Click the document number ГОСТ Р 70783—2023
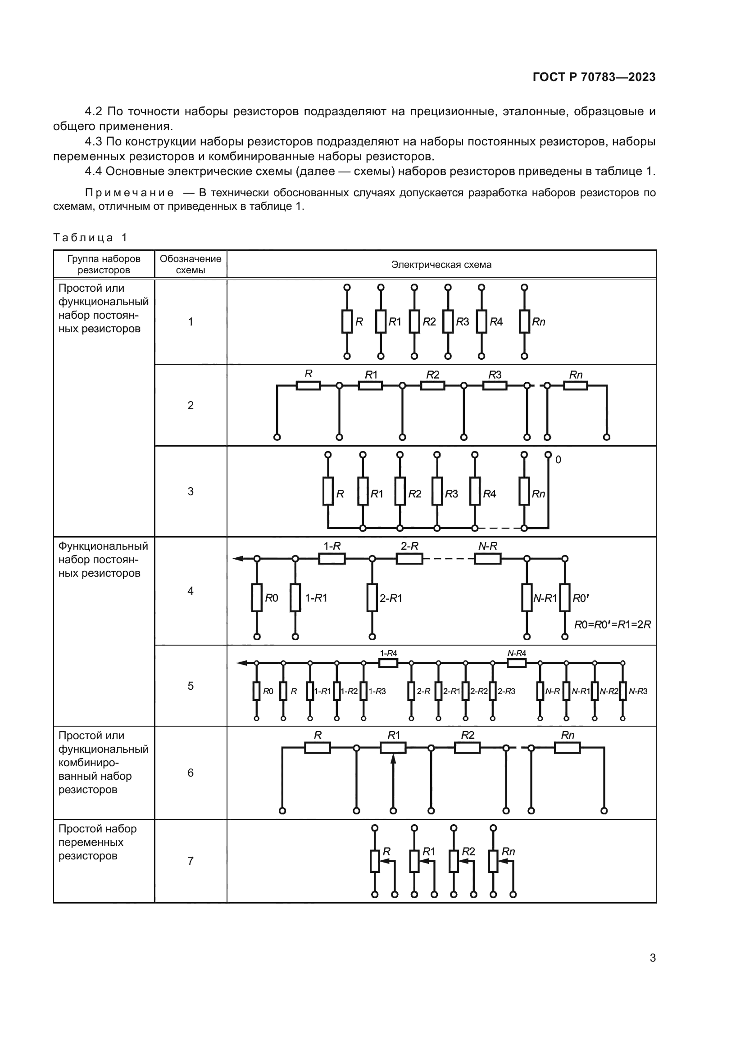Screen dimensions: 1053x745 [594, 77]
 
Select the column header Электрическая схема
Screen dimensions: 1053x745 [441, 265]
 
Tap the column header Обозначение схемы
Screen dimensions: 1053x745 [191, 264]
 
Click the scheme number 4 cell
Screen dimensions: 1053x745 [191, 591]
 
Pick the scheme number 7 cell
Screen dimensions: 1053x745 [191, 861]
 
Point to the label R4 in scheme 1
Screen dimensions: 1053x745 [496, 322]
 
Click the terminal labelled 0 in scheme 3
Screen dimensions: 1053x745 [548, 455]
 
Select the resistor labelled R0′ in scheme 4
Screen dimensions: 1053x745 [565, 597]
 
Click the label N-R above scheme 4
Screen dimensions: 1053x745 [487, 546]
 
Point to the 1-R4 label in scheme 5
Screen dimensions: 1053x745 [388, 653]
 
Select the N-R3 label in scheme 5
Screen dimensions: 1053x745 [638, 691]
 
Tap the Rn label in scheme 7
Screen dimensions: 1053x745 [508, 851]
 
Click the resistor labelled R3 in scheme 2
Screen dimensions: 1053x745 [495, 386]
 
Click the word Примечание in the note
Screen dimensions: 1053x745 [129, 193]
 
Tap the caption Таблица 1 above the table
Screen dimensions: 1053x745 [90, 238]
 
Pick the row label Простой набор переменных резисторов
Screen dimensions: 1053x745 [97, 842]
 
